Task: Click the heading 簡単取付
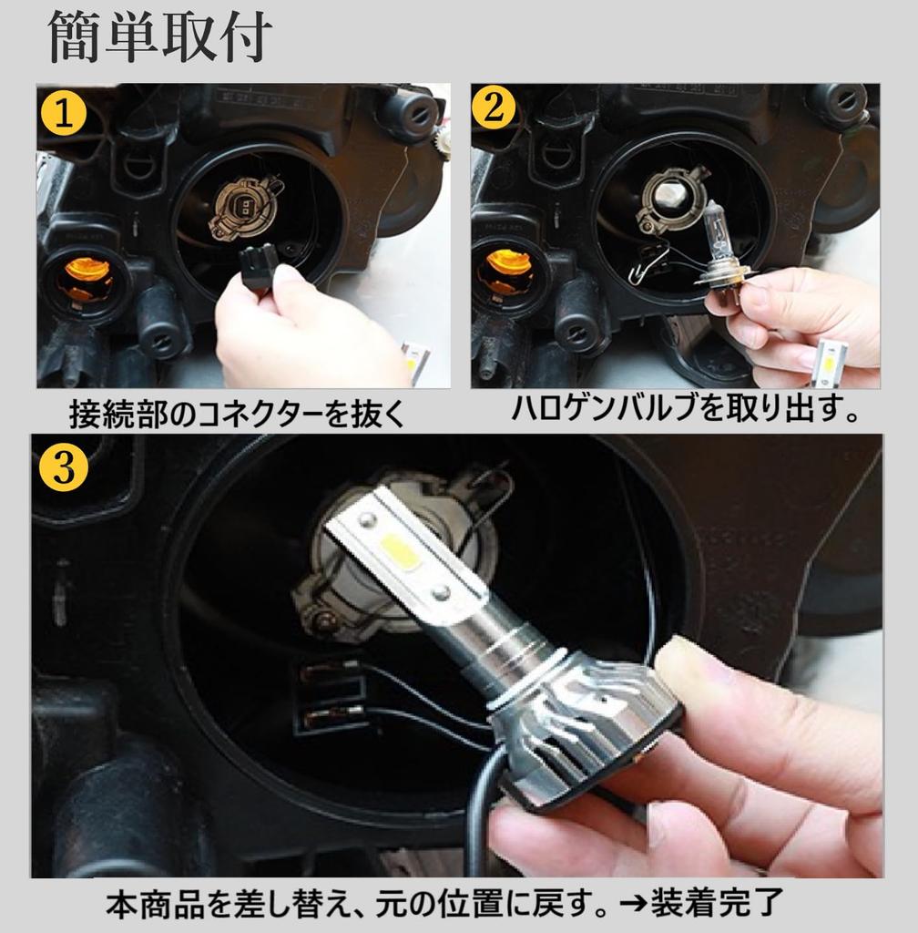tap(159, 38)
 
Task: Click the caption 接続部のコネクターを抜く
tap(236, 415)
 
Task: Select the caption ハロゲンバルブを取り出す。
tap(685, 410)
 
